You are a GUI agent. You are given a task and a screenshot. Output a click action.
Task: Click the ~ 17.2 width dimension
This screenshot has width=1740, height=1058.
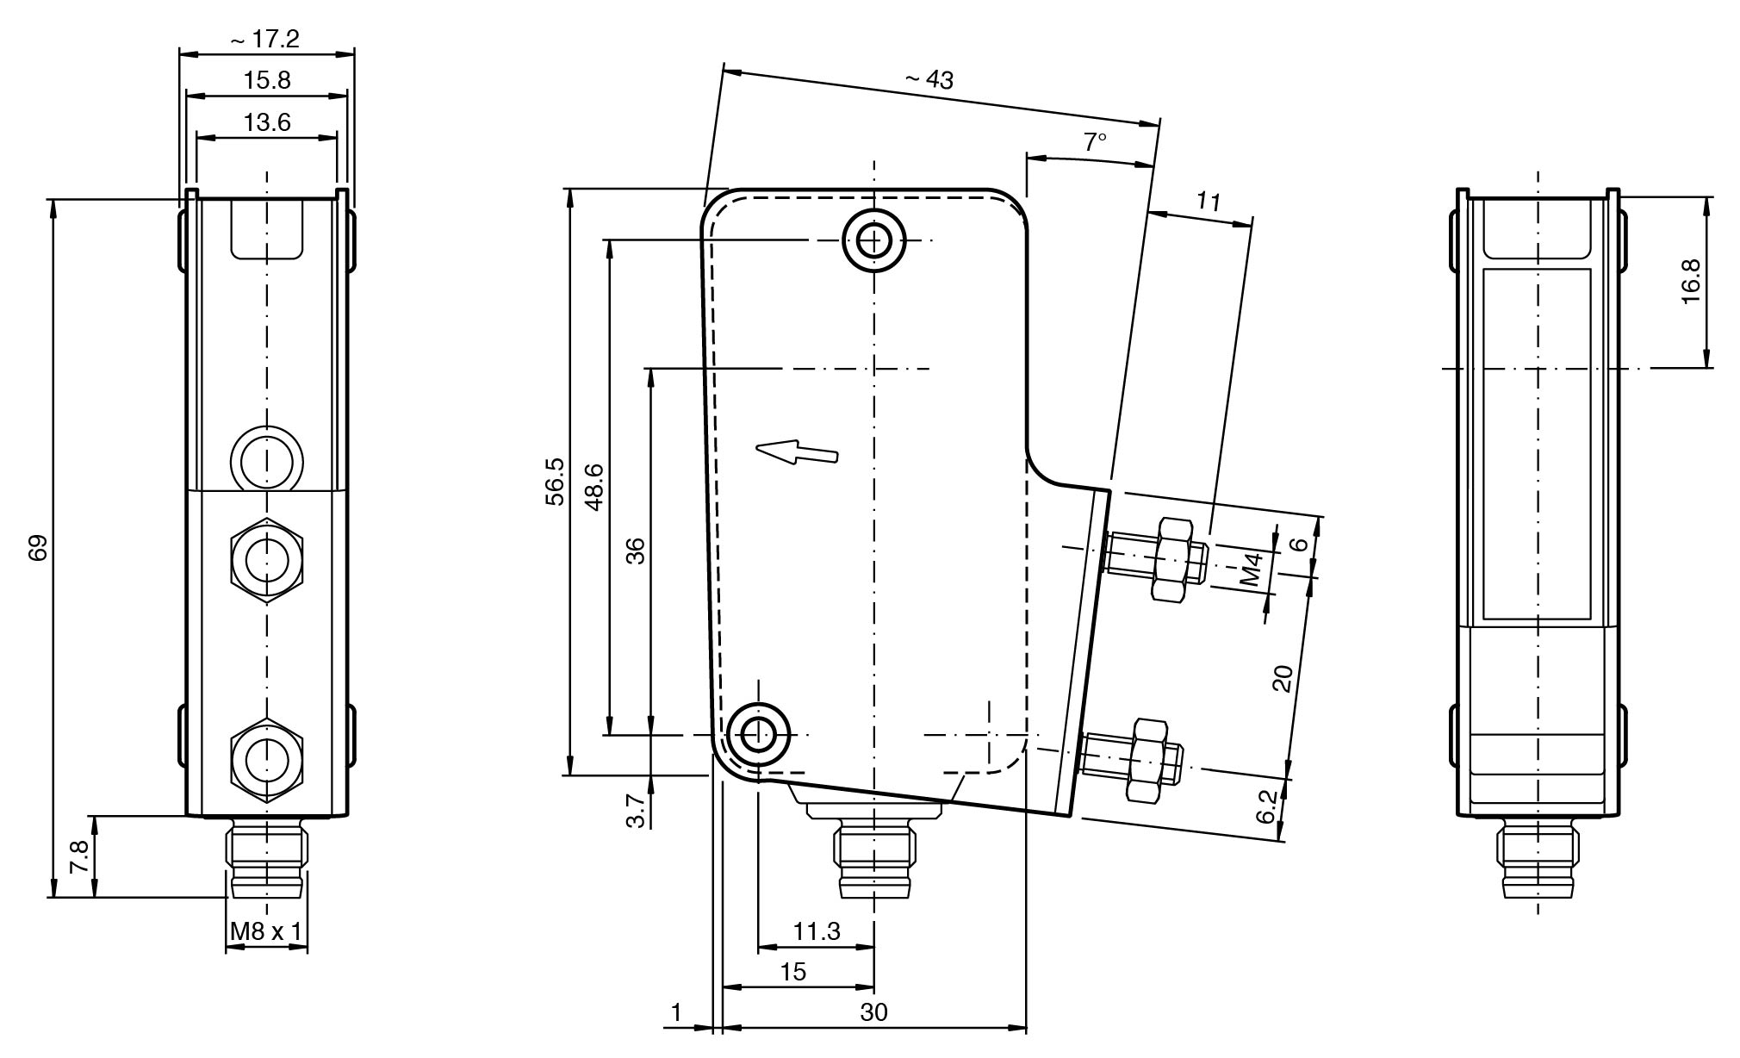(x=265, y=39)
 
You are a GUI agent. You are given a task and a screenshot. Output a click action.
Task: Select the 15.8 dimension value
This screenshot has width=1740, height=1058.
(x=267, y=80)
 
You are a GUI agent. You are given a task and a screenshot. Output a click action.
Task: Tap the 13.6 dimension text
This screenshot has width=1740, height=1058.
(x=267, y=122)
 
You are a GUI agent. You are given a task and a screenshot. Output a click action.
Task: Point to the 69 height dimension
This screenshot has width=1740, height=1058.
(x=39, y=549)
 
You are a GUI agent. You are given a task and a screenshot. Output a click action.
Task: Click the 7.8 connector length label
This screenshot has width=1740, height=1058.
(x=78, y=857)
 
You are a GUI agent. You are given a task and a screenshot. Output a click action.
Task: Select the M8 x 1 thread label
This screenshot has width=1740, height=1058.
(x=266, y=930)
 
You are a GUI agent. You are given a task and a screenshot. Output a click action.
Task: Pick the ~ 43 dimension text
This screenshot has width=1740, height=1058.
(x=929, y=79)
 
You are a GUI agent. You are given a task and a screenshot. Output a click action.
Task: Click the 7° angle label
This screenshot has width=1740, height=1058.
(x=1095, y=141)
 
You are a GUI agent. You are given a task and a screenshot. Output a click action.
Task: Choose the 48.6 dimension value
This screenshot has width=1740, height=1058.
(x=593, y=487)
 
